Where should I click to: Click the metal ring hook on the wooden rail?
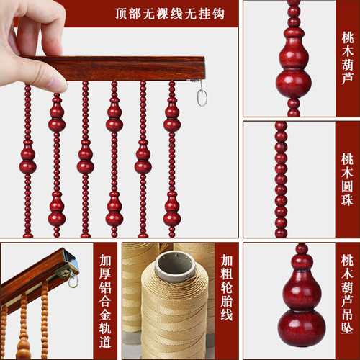pyautogui.click(x=202, y=95)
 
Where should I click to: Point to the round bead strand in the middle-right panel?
pyautogui.click(x=281, y=180)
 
